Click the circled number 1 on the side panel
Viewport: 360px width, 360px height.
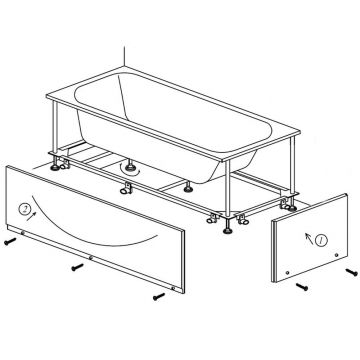pos(321,240)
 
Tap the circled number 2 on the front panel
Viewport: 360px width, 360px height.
pos(24,209)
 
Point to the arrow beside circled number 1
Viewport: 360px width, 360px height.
pos(309,238)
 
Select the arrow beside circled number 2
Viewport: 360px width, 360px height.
pos(32,217)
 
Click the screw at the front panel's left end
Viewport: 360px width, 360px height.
pos(10,241)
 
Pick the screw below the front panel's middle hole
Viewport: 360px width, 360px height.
pos(78,267)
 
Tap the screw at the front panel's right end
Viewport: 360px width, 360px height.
pos(159,296)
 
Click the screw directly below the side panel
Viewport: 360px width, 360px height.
pos(302,286)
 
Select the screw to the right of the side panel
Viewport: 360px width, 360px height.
pos(351,272)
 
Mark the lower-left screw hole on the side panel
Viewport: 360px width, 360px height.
pos(287,273)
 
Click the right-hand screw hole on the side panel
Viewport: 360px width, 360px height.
pos(336,255)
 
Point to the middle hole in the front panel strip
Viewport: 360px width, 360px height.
pos(91,257)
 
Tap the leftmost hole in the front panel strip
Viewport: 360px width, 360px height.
pos(22,233)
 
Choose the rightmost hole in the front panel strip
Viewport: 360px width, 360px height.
pos(173,288)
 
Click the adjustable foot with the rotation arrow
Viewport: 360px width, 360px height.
pos(130,165)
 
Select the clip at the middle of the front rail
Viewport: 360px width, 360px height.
pos(126,188)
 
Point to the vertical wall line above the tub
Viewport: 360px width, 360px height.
pos(124,56)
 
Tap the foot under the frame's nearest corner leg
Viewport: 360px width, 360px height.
pos(228,230)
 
